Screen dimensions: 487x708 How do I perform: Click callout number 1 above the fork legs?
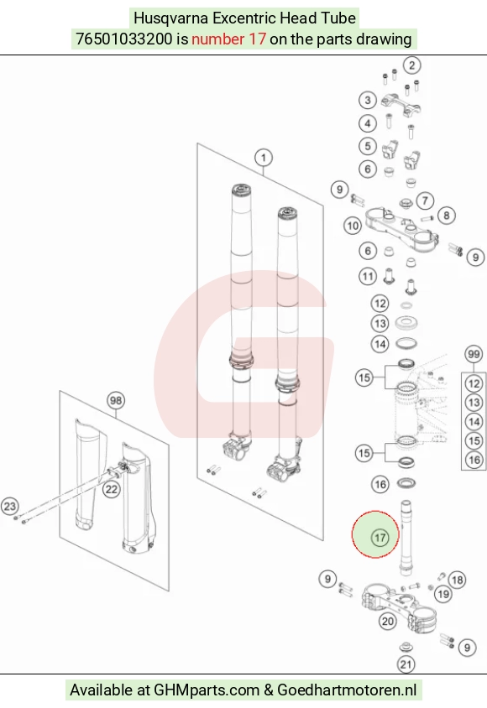pyautogui.click(x=264, y=158)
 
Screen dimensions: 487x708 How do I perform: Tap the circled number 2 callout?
pyautogui.click(x=411, y=65)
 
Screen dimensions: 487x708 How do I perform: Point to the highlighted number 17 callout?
pyautogui.click(x=380, y=538)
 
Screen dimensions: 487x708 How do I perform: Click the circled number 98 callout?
pyautogui.click(x=116, y=400)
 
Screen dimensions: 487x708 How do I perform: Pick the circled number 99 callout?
pyautogui.click(x=474, y=355)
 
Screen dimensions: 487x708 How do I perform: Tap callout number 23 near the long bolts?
pyautogui.click(x=10, y=506)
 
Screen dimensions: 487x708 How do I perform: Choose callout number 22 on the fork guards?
pyautogui.click(x=111, y=489)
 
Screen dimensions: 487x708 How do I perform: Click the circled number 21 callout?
pyautogui.click(x=406, y=664)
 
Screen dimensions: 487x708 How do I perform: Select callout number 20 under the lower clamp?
pyautogui.click(x=388, y=622)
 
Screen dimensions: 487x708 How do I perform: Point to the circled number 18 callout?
pyautogui.click(x=457, y=580)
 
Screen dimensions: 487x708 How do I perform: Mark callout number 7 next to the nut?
pyautogui.click(x=425, y=200)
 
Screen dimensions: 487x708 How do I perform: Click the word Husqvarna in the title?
pyautogui.click(x=171, y=18)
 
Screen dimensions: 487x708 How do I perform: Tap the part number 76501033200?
pyautogui.click(x=124, y=39)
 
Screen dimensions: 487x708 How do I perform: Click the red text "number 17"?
pyautogui.click(x=228, y=39)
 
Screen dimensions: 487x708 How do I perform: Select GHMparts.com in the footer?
pyautogui.click(x=207, y=690)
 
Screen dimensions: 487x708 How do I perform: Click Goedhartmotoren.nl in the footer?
pyautogui.click(x=347, y=690)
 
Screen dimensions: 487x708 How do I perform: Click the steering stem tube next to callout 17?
pyautogui.click(x=406, y=538)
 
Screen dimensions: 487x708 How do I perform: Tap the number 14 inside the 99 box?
pyautogui.click(x=474, y=422)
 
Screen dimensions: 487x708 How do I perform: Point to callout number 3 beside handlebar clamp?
pyautogui.click(x=368, y=100)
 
